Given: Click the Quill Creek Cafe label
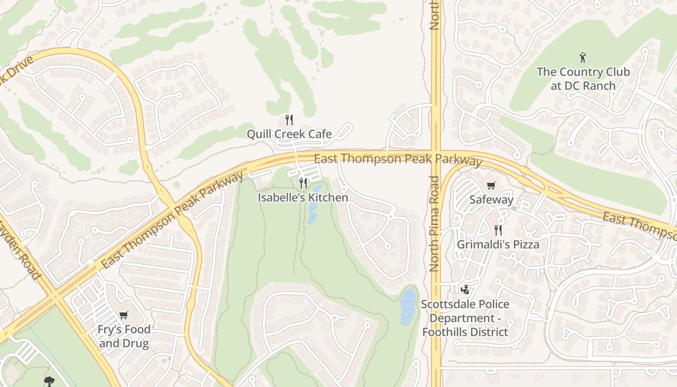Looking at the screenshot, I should click(289, 134).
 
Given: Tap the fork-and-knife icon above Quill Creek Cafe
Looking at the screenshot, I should click(289, 119).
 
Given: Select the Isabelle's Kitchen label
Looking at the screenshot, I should click(303, 198).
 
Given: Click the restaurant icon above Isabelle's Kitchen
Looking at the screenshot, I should click(303, 183).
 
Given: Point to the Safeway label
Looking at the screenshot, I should click(491, 200).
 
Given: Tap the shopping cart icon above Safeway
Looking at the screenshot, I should click(491, 185).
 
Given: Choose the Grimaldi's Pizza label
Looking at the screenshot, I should click(498, 244).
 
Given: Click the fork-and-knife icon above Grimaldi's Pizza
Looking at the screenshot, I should click(498, 230).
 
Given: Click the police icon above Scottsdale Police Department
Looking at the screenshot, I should click(465, 289).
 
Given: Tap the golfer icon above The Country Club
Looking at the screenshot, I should click(583, 58).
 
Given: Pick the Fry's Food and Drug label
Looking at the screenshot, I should click(124, 337).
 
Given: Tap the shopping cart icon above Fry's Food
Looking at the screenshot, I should click(124, 315).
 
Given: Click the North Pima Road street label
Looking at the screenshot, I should click(434, 223).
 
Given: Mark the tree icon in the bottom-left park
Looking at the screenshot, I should click(49, 381).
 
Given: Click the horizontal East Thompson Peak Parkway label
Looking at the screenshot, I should click(397, 159).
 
